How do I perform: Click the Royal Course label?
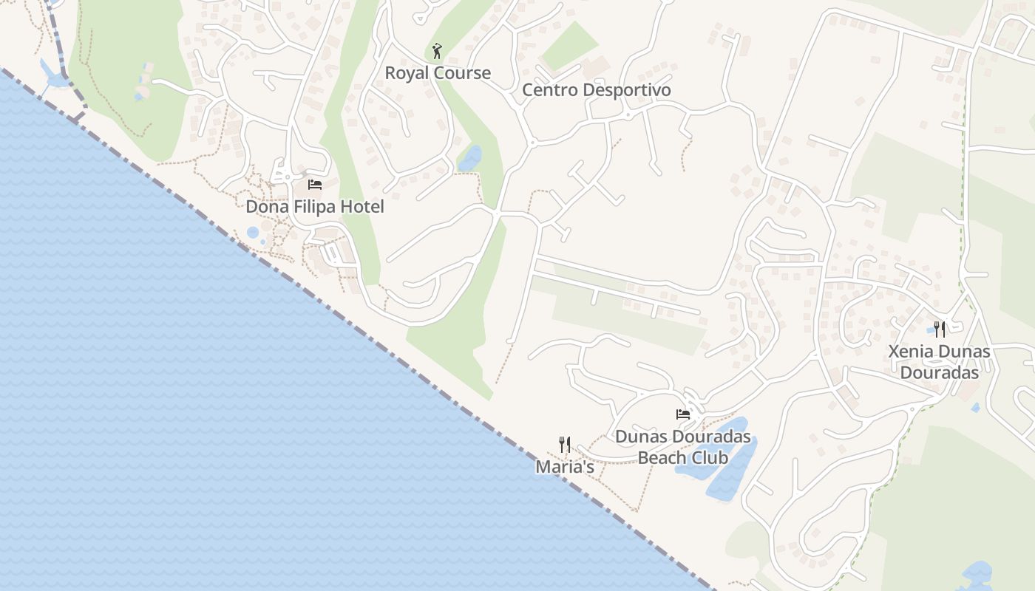438,73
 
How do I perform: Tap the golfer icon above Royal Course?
437,52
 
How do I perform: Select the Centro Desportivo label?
597,90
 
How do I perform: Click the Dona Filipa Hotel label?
315,207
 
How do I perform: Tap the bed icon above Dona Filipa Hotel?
315,184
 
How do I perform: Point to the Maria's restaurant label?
565,467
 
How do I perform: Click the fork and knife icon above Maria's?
565,444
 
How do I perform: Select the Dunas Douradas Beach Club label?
683,447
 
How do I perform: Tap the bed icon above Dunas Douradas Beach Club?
683,414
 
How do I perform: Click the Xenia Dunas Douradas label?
939,362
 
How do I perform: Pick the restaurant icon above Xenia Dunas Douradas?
940,329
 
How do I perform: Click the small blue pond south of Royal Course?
470,158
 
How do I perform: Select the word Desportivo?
625,90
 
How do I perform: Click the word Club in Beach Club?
710,458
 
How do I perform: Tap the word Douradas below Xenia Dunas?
939,372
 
